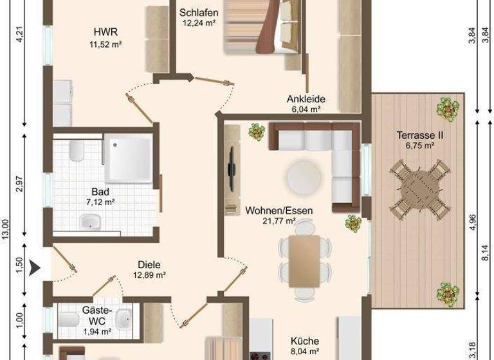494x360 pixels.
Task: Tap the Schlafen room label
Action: pos(199,13)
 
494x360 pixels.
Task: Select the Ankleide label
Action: pos(306,99)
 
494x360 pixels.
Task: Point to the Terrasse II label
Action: pos(421,136)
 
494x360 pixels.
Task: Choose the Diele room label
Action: pos(149,264)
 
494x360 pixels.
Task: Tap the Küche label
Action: pos(304,341)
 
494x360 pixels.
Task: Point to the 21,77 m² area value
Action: pos(279,221)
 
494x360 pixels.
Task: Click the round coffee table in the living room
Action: pos(303,176)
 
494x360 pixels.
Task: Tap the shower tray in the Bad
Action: pos(129,157)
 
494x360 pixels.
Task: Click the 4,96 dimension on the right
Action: pos(473,220)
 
